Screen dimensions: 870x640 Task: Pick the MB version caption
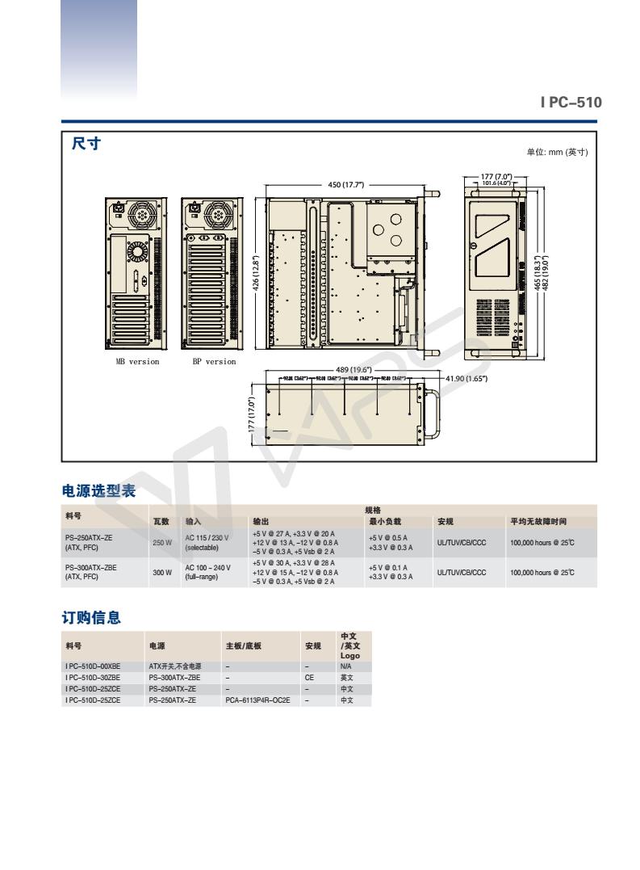coord(136,362)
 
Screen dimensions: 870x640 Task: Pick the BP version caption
coord(213,362)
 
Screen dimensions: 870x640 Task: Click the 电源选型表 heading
coord(98,490)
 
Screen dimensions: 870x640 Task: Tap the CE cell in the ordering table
coord(309,678)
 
